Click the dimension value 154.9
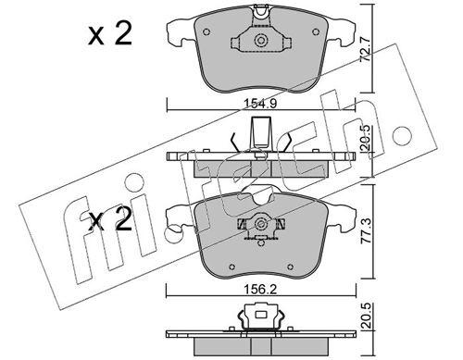tap(260, 104)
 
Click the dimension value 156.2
tap(260, 290)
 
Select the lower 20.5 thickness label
tap(367, 317)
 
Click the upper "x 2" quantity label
tap(110, 34)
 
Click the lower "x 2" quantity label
tap(110, 220)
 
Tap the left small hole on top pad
tap(206, 31)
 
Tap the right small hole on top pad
tap(316, 31)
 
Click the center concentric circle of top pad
tap(261, 41)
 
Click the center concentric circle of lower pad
tap(261, 224)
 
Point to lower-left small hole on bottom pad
tap(231, 267)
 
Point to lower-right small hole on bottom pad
tap(290, 267)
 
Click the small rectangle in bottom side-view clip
tap(261, 315)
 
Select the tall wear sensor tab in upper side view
tap(262, 131)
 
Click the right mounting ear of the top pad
tap(342, 33)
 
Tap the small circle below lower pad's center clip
tap(261, 243)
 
